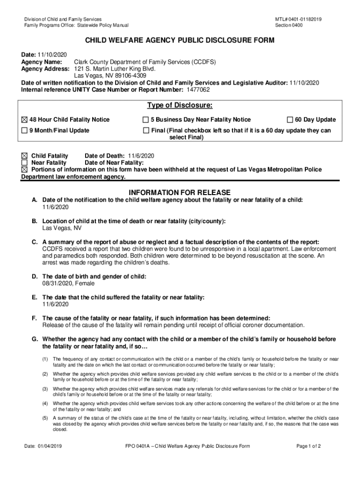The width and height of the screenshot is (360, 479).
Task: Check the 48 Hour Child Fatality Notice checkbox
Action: pos(25,119)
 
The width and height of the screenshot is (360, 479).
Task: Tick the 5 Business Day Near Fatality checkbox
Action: pos(146,119)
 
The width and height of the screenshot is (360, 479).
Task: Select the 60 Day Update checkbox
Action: pos(290,119)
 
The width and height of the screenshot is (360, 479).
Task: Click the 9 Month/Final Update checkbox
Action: pos(25,131)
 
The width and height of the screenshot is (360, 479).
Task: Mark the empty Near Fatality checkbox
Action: pos(25,162)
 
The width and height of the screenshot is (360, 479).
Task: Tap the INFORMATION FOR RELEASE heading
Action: pos(180,192)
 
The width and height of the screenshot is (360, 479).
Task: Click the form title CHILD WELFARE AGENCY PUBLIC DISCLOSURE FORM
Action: pos(180,41)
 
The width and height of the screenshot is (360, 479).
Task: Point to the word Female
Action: pos(86,283)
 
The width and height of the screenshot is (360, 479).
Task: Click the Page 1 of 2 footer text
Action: pos(309,446)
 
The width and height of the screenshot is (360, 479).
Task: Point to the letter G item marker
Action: pos(35,339)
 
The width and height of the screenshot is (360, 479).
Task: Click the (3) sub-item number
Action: pos(45,388)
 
